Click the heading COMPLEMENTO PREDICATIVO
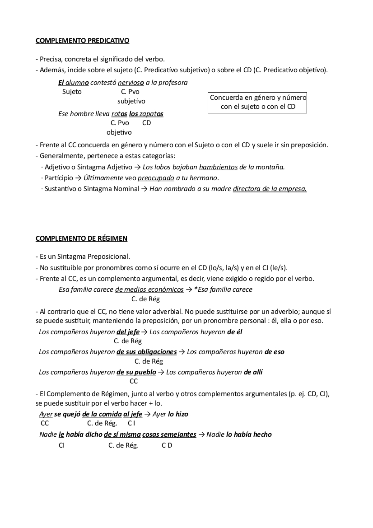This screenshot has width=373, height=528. pos(82,41)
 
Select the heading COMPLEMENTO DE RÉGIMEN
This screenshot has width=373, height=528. pos(81,238)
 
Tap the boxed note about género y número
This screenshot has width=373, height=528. pos(257,102)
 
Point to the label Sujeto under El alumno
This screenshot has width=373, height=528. pos(72,92)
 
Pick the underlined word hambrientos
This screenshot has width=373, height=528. pos(218,167)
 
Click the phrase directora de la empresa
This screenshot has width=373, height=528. pos(270,189)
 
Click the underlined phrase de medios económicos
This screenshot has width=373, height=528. pos(149,290)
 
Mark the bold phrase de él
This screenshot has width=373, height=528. pos(235,332)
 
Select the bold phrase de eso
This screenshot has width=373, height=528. pos(275,352)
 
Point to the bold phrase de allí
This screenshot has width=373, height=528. pos(253,372)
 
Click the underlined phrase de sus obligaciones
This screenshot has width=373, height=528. pos(146,352)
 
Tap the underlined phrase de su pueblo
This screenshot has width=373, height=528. pos(136,372)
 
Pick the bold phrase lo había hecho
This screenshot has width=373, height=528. pos(249,435)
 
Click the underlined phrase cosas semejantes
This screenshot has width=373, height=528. pos(169,435)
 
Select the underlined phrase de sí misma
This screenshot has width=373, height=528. pos(122,435)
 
